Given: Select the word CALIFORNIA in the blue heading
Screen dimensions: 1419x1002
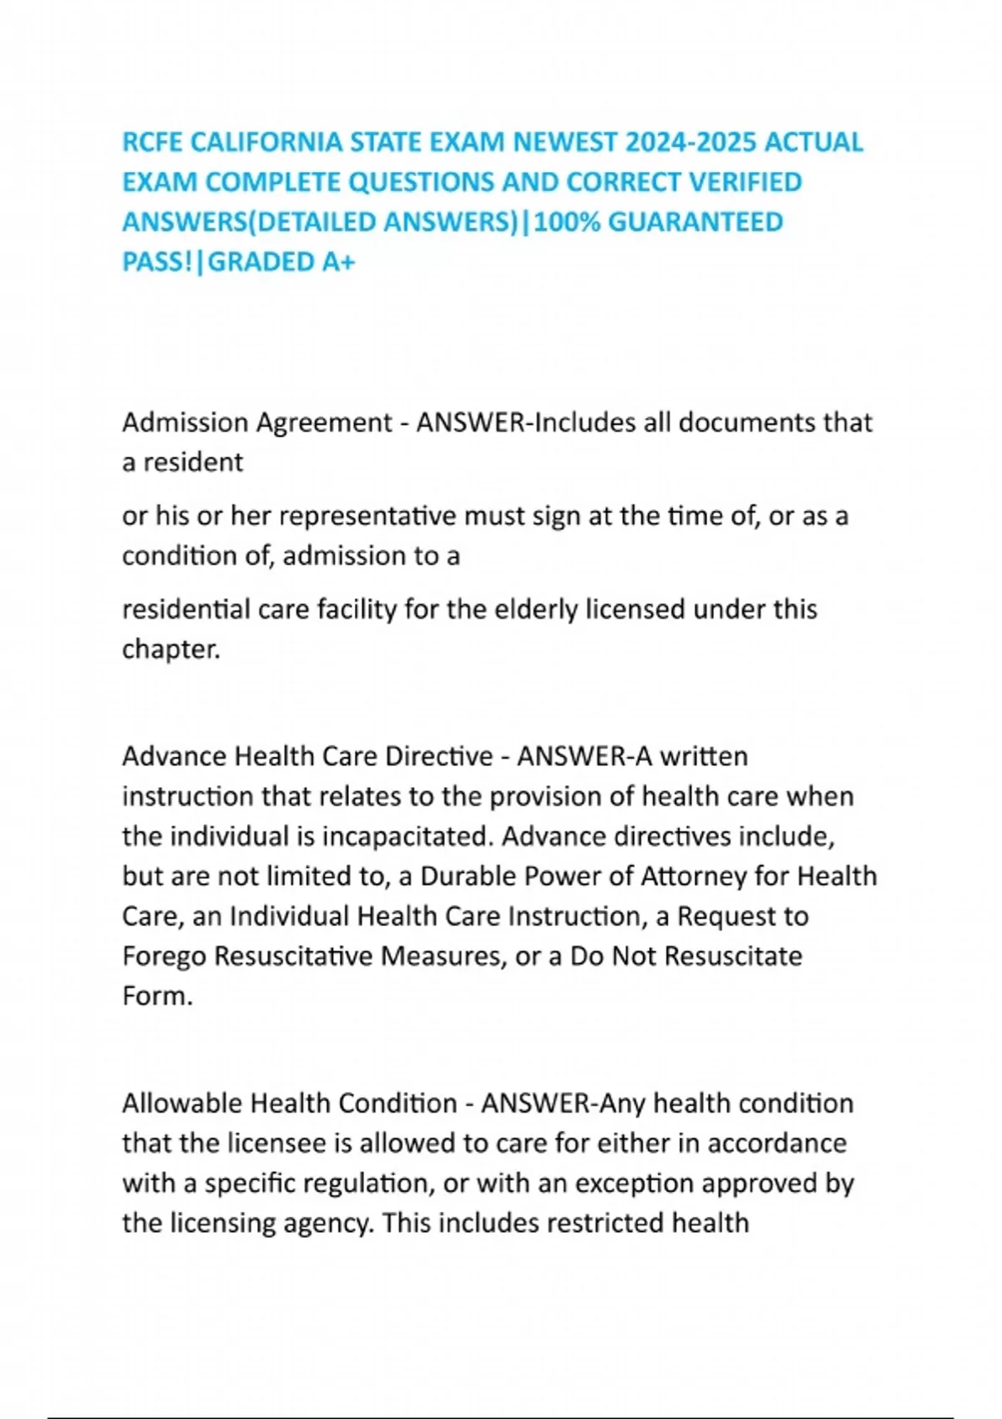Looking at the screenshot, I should [x=266, y=143].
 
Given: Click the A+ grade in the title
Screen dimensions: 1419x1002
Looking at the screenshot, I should [x=338, y=263].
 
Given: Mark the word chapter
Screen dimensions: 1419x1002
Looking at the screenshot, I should [x=170, y=650].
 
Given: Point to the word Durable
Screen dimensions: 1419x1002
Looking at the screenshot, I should [x=467, y=877].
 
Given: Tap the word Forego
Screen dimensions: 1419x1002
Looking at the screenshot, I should [x=164, y=957].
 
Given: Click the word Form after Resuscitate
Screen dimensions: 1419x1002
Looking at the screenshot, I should [x=157, y=997].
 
